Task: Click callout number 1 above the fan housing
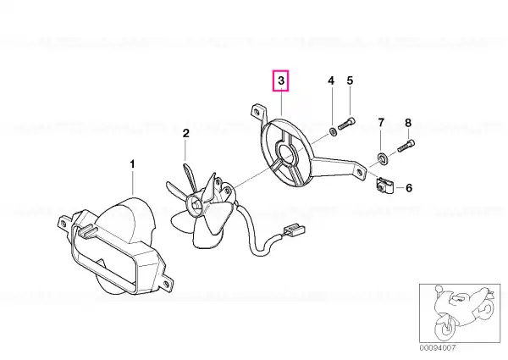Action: [132, 164]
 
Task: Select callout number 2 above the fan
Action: [185, 133]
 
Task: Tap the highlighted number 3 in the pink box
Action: [281, 80]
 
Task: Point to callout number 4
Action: [331, 80]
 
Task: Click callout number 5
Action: [350, 80]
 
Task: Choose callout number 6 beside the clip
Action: [409, 187]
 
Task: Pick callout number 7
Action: [381, 123]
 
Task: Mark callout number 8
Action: [408, 123]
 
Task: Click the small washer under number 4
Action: [333, 131]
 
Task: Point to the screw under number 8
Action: [406, 145]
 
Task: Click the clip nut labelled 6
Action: [384, 186]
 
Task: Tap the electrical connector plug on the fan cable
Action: [295, 230]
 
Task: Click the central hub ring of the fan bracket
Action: [286, 152]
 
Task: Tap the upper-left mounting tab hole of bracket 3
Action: [257, 112]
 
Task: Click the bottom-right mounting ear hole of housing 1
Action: [167, 285]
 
